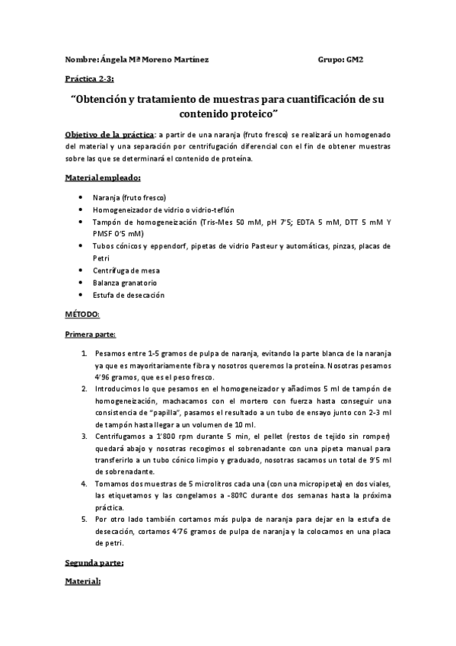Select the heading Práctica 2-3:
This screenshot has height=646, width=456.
(x=89, y=78)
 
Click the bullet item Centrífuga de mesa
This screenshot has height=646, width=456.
(x=125, y=270)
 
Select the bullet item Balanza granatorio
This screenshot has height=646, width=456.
(x=125, y=283)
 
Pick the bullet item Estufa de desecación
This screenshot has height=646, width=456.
(x=128, y=295)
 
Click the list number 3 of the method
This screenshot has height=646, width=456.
(x=84, y=436)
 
